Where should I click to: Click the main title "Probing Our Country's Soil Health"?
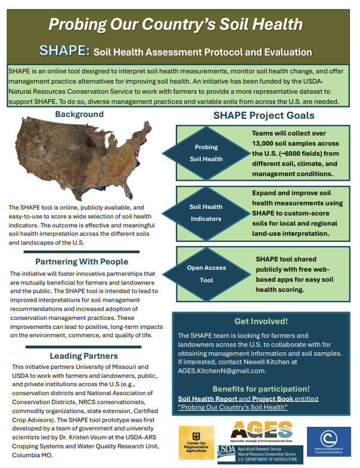(x=175, y=24)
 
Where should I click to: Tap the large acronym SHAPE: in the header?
(x=64, y=50)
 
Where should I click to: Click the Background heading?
(x=79, y=114)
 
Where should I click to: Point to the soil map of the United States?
(x=83, y=158)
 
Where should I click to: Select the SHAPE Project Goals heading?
(x=263, y=116)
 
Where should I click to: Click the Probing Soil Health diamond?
(x=206, y=153)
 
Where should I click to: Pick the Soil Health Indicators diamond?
(x=206, y=213)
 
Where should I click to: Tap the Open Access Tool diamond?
(x=206, y=274)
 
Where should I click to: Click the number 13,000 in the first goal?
(x=263, y=143)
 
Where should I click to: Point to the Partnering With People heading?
(x=82, y=261)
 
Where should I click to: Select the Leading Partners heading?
(x=83, y=356)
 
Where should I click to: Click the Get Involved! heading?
(x=261, y=321)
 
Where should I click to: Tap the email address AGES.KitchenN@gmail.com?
(x=222, y=371)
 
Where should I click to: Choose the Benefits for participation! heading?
(x=261, y=389)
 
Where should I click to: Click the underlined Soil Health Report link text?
(x=207, y=399)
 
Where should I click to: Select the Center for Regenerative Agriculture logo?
(x=196, y=442)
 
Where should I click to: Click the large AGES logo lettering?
(x=261, y=430)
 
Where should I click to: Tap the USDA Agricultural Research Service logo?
(x=260, y=455)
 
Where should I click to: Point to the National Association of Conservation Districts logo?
(x=329, y=442)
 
